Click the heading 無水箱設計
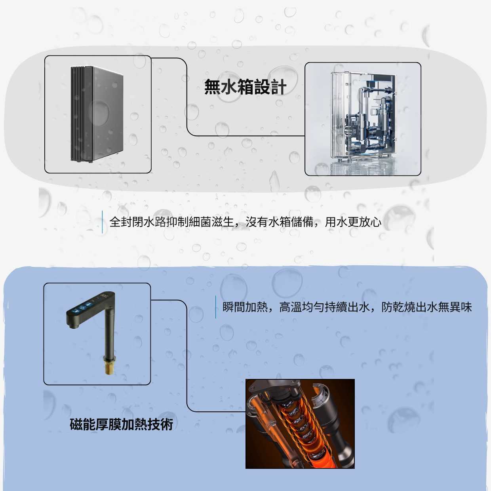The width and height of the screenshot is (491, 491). [x=246, y=87]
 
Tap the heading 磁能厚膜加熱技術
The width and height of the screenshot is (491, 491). [x=122, y=424]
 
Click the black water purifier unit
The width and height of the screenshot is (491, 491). [x=97, y=114]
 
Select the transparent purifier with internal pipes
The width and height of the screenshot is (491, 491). [x=363, y=118]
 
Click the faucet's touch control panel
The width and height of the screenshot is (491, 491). [x=87, y=305]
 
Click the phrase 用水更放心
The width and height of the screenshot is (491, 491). [x=353, y=222]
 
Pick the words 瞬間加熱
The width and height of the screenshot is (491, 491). [x=245, y=307]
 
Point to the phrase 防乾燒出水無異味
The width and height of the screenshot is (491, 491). [x=427, y=307]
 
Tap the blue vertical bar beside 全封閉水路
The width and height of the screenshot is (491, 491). [x=103, y=222]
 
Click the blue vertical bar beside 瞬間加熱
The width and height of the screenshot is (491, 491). [x=215, y=307]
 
